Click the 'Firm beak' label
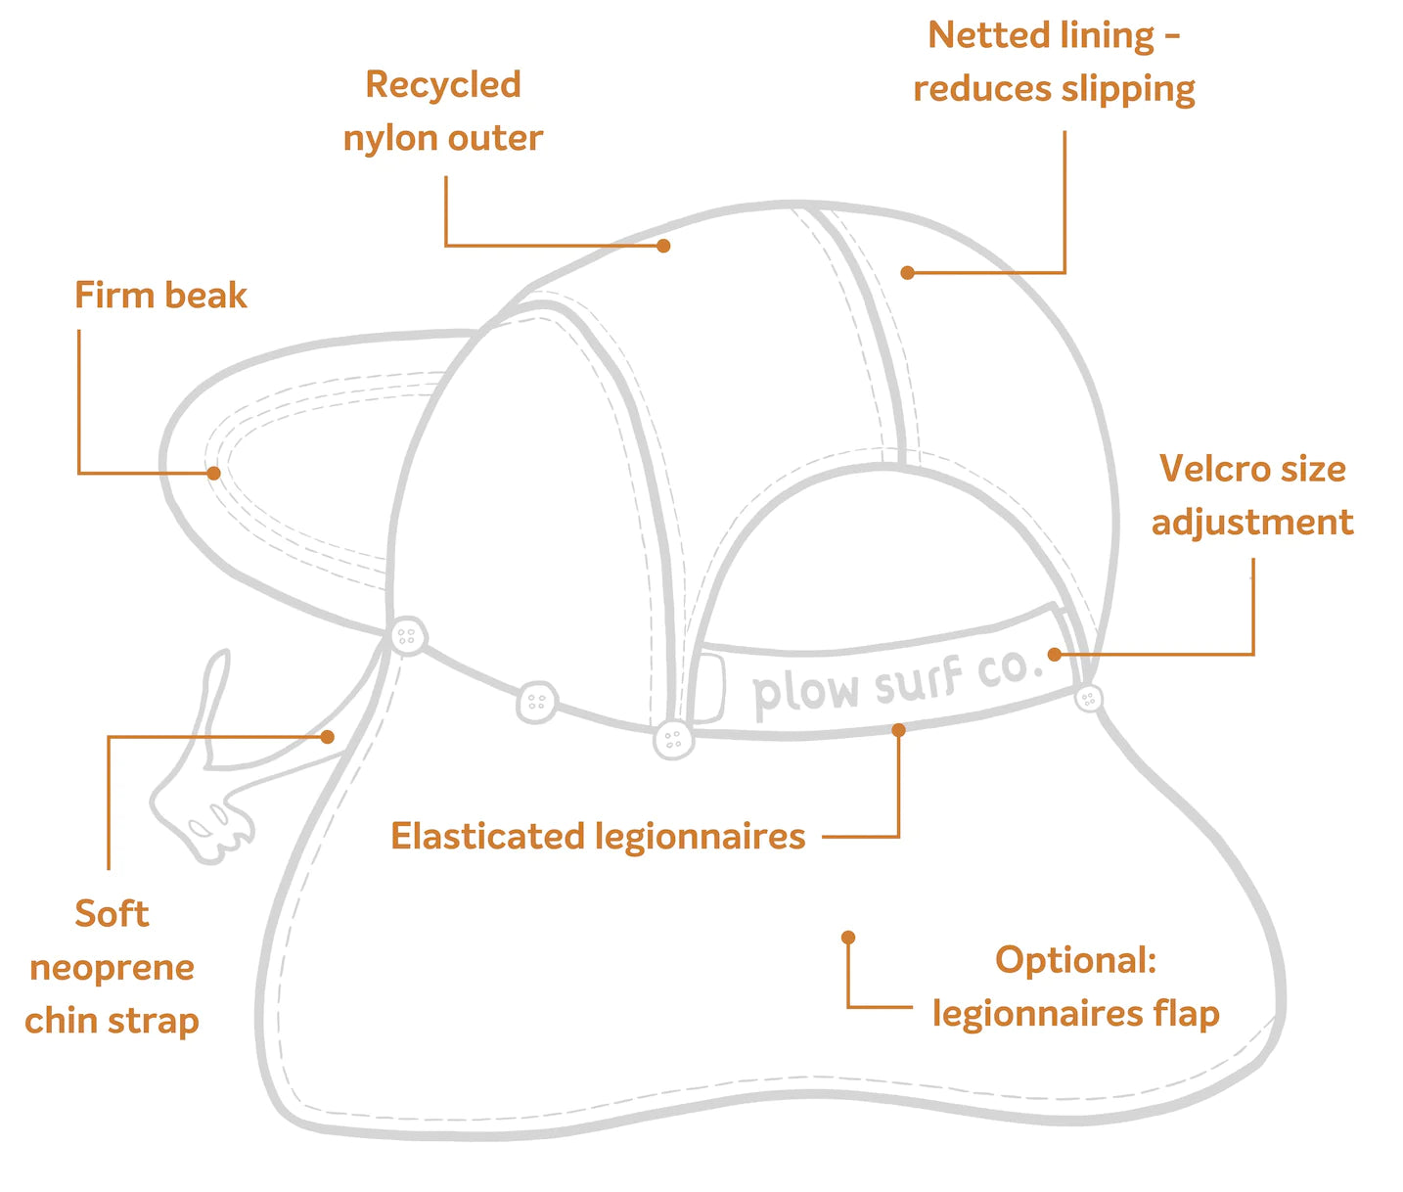pyautogui.click(x=160, y=296)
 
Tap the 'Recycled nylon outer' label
pyautogui.click(x=443, y=112)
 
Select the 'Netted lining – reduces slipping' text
pyautogui.click(x=1054, y=63)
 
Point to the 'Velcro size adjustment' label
pyautogui.click(x=1252, y=495)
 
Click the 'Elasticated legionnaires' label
pyautogui.click(x=598, y=837)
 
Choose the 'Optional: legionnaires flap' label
pyautogui.click(x=1075, y=986)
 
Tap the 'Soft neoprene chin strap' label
pyautogui.click(x=112, y=967)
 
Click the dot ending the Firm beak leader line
pyautogui.click(x=213, y=474)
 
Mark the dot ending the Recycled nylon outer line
pyautogui.click(x=663, y=246)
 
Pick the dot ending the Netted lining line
pyautogui.click(x=907, y=273)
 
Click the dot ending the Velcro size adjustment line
pyautogui.click(x=1054, y=654)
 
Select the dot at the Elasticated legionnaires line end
pyautogui.click(x=898, y=729)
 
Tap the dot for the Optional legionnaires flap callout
pyautogui.click(x=848, y=938)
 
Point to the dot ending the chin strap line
pyautogui.click(x=328, y=737)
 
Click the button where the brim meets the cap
pyautogui.click(x=407, y=636)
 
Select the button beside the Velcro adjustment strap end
pyautogui.click(x=1088, y=698)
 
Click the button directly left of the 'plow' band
pyautogui.click(x=672, y=739)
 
